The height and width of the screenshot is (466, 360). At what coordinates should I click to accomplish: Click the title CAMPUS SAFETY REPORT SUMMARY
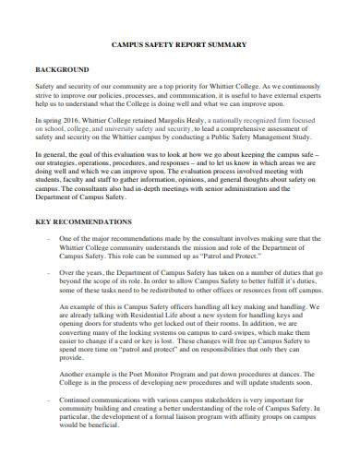point(179,44)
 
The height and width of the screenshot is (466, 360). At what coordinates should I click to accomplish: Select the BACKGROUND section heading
point(61,69)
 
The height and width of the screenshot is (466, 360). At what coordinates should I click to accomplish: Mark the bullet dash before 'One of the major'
point(46,238)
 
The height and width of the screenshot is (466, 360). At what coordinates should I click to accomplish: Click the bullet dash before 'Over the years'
point(46,273)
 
